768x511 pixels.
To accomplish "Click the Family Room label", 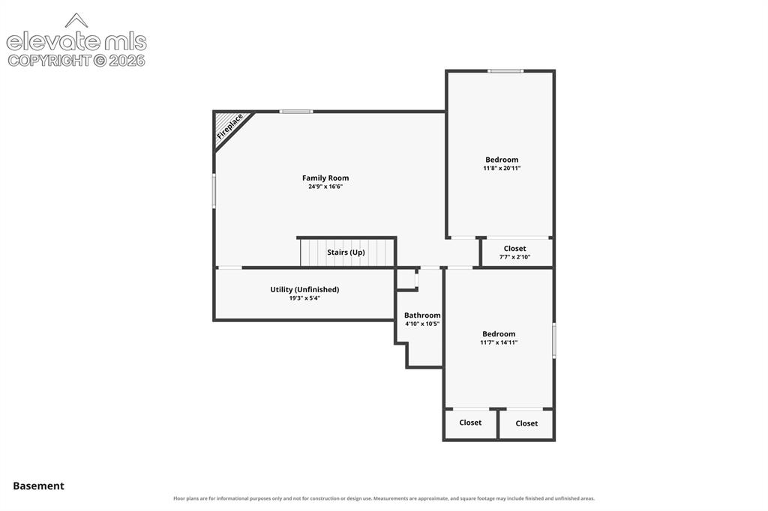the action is click(x=325, y=178).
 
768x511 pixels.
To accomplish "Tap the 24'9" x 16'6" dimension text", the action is click(x=325, y=187).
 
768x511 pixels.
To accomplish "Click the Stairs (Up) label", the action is click(x=346, y=253).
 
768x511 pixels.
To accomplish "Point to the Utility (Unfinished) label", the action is click(x=304, y=290).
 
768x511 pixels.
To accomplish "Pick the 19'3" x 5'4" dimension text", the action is click(x=304, y=298).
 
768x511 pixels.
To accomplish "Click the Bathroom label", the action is click(x=422, y=315).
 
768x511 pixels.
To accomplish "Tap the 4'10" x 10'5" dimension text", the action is click(x=422, y=324).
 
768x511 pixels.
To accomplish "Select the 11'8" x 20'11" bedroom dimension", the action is click(x=502, y=168).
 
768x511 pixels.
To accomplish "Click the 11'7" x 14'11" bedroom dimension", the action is click(x=499, y=342).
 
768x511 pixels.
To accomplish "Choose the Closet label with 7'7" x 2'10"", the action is click(x=514, y=249).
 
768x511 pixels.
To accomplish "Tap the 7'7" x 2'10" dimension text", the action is click(x=514, y=257).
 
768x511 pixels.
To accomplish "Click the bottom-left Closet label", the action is click(x=470, y=423).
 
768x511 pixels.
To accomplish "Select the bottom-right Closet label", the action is click(x=526, y=423).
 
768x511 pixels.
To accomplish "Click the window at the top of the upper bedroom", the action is click(x=505, y=71).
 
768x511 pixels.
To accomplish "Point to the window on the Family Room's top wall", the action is click(x=296, y=112).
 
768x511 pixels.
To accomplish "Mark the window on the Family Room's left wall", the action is click(x=214, y=191).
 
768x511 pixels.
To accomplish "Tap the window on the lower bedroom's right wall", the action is click(x=554, y=340).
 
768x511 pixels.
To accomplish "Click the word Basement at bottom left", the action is click(x=39, y=486).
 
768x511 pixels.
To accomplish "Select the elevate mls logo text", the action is click(x=76, y=42).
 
